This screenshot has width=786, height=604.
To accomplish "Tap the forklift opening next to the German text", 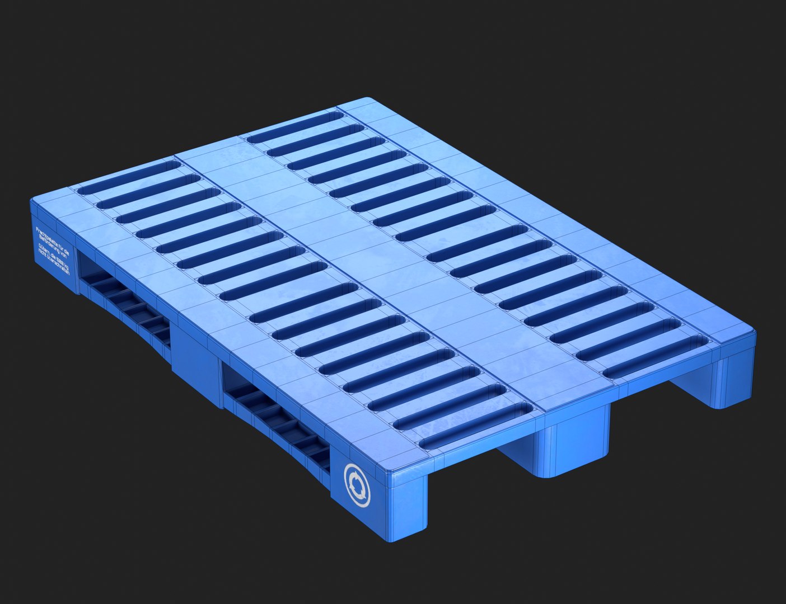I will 123,302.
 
